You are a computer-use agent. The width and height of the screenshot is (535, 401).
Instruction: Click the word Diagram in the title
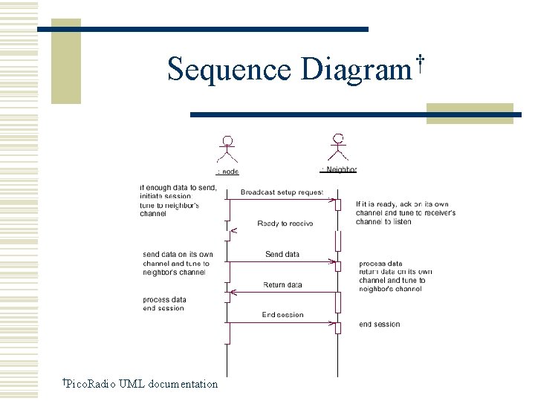pyautogui.click(x=355, y=69)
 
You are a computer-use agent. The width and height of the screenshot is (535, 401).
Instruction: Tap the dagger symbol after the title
pyautogui.click(x=421, y=62)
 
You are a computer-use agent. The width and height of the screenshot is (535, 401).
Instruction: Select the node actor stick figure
pyautogui.click(x=227, y=149)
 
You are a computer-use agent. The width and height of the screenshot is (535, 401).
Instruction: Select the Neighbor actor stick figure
pyautogui.click(x=339, y=147)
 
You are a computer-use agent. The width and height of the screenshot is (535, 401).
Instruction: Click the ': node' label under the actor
pyautogui.click(x=227, y=172)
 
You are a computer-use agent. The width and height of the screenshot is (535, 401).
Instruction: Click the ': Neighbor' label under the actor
pyautogui.click(x=339, y=170)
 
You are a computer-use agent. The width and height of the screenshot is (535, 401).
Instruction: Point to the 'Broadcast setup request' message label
pyautogui.click(x=282, y=192)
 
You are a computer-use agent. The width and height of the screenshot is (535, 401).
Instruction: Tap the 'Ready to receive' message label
pyautogui.click(x=285, y=224)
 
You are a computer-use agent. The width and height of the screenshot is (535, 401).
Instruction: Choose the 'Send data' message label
pyautogui.click(x=282, y=255)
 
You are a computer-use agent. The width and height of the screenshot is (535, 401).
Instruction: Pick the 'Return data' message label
pyautogui.click(x=282, y=285)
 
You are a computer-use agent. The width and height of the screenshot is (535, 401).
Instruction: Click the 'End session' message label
pyautogui.click(x=282, y=315)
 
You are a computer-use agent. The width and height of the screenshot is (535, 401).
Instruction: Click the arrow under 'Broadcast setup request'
pyautogui.click(x=282, y=200)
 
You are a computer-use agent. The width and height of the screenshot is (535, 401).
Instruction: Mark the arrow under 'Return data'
pyautogui.click(x=282, y=292)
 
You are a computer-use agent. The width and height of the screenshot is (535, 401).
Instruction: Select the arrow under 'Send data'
pyautogui.click(x=282, y=261)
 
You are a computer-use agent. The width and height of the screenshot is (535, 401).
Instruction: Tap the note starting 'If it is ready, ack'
pyautogui.click(x=406, y=213)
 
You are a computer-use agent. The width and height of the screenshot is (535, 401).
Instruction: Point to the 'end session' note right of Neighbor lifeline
pyautogui.click(x=379, y=325)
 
